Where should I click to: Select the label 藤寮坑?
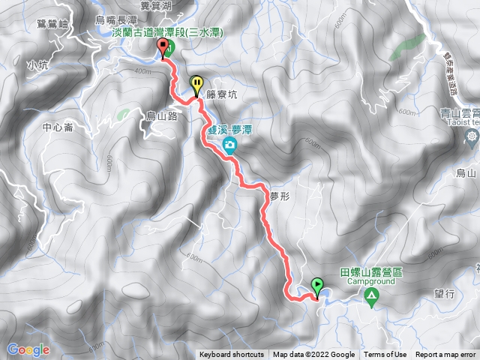click(x=221, y=96)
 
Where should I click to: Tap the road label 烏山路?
click(x=161, y=116)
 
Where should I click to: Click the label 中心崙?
click(x=58, y=127)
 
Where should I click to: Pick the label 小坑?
click(x=37, y=65)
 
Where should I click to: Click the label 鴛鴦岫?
click(x=52, y=24)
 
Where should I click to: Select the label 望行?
click(x=444, y=295)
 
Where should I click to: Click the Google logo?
click(x=28, y=349)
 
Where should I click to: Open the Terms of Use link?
click(x=385, y=355)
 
